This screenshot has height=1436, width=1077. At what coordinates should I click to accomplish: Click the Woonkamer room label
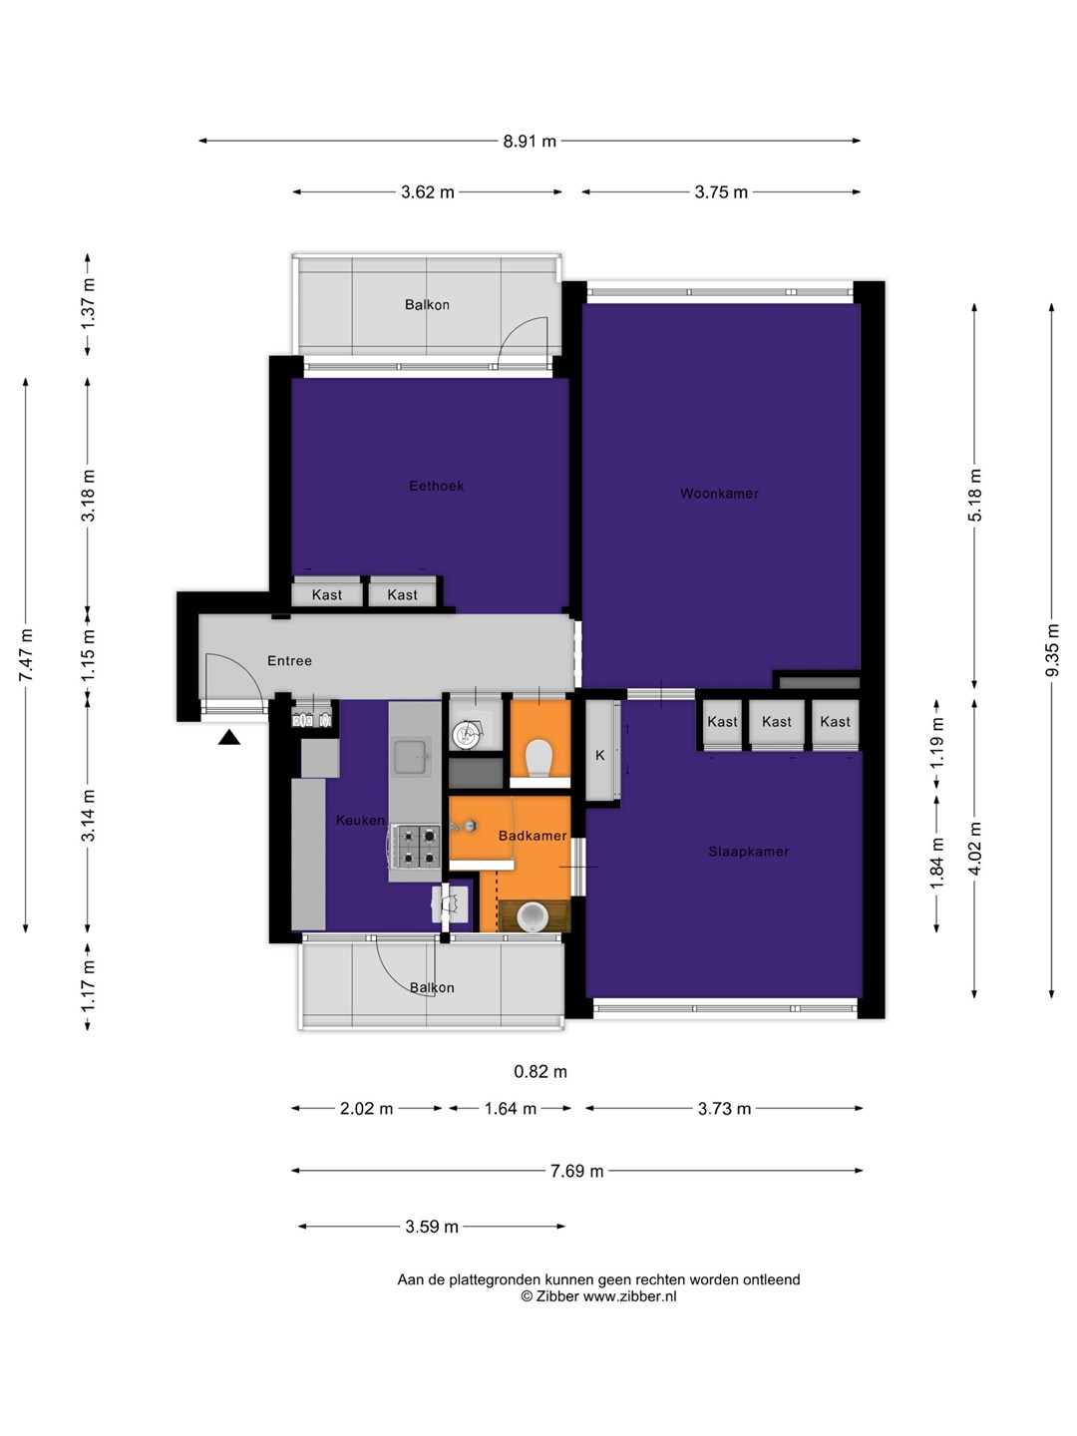tap(719, 494)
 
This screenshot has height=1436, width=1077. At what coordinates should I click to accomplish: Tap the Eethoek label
tap(436, 486)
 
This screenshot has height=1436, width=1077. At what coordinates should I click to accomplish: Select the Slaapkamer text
tap(748, 852)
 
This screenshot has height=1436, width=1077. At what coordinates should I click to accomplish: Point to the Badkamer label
tap(532, 836)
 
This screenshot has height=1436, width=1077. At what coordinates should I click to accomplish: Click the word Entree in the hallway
tap(289, 661)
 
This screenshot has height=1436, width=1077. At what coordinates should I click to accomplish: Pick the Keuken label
tap(360, 821)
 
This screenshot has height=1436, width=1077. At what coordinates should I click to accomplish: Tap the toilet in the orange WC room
tap(539, 758)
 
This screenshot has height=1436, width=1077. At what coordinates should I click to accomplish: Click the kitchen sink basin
tap(411, 758)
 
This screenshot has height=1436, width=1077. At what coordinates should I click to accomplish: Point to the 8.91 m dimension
tap(529, 141)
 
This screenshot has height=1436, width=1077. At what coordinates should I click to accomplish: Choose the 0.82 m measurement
tap(540, 1072)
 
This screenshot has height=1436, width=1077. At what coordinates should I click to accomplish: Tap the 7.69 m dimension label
tap(576, 1171)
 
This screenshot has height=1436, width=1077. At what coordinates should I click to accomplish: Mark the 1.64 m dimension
tap(510, 1108)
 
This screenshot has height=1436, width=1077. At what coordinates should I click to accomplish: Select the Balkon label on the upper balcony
tap(427, 304)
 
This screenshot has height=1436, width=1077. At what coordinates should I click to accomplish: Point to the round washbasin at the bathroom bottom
tap(533, 916)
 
